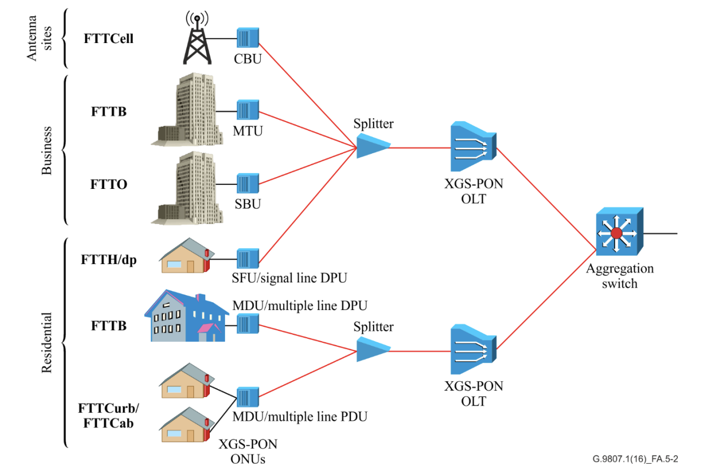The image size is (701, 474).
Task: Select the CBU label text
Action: pos(248,58)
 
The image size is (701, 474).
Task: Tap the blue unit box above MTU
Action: pos(248,110)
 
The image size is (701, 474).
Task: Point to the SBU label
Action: pos(248,204)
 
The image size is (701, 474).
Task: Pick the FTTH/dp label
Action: pos(109,261)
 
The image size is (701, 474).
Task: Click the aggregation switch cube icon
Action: pos(619,232)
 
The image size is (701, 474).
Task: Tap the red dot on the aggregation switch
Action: pos(616,233)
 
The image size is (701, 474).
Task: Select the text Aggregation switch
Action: pos(620,275)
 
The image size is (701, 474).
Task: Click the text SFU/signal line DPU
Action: pos(290,278)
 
